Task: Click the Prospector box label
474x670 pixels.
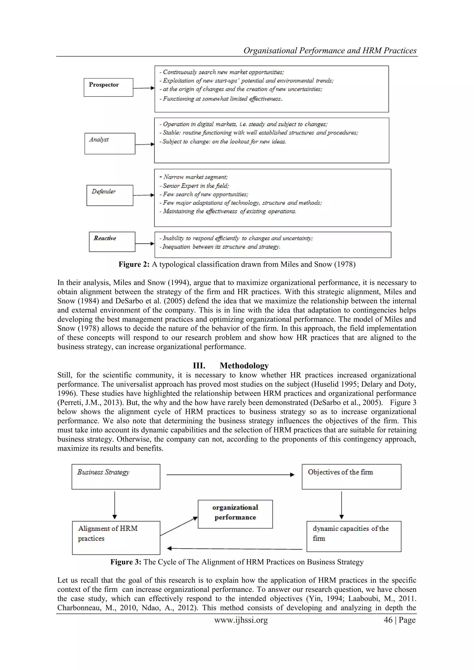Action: (x=104, y=85)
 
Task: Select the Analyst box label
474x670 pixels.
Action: (x=99, y=140)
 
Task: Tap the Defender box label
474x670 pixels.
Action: (x=104, y=191)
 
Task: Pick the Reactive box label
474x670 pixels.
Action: (x=105, y=238)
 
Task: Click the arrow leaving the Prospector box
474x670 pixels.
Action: (x=143, y=88)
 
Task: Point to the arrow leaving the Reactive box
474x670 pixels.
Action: (x=144, y=243)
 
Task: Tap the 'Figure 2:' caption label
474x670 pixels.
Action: (x=134, y=264)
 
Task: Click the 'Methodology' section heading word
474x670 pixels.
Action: (x=244, y=366)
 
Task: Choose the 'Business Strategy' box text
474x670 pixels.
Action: (x=103, y=472)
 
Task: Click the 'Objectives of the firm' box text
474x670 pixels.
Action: (x=340, y=472)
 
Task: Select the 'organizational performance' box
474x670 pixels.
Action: (x=235, y=512)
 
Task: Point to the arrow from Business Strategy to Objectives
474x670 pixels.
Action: (x=231, y=475)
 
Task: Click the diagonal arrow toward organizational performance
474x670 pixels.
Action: (x=179, y=526)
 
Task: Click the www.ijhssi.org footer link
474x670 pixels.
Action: (x=241, y=620)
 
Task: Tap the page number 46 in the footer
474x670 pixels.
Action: (x=388, y=620)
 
